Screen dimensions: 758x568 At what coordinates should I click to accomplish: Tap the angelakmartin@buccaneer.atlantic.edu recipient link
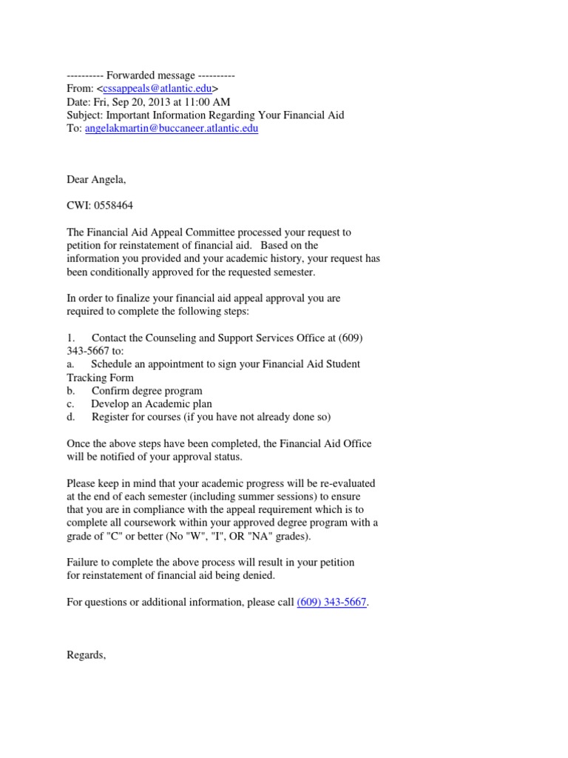[x=172, y=128]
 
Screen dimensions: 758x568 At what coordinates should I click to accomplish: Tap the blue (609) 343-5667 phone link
[x=331, y=603]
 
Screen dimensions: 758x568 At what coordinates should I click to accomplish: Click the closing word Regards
[x=86, y=655]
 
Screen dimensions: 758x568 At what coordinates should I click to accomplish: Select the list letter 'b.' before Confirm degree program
[x=71, y=391]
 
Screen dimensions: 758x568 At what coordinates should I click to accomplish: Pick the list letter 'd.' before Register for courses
[x=71, y=417]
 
